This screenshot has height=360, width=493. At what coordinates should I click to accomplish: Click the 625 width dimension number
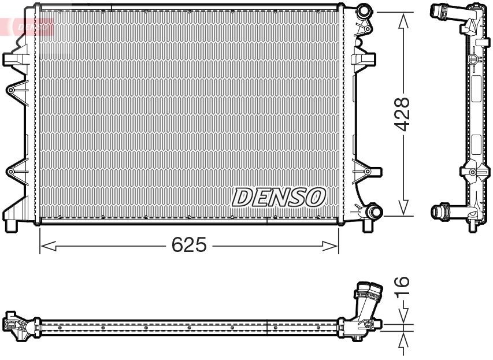(189, 246)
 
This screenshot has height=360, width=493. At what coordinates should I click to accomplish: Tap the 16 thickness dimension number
(403, 285)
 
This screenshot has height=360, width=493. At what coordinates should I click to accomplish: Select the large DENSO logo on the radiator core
(279, 198)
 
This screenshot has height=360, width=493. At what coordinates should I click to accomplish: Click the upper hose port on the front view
(364, 11)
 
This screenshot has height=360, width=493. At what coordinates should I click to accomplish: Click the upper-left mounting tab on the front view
(13, 60)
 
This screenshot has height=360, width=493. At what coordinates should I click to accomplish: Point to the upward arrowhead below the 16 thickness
(403, 340)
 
